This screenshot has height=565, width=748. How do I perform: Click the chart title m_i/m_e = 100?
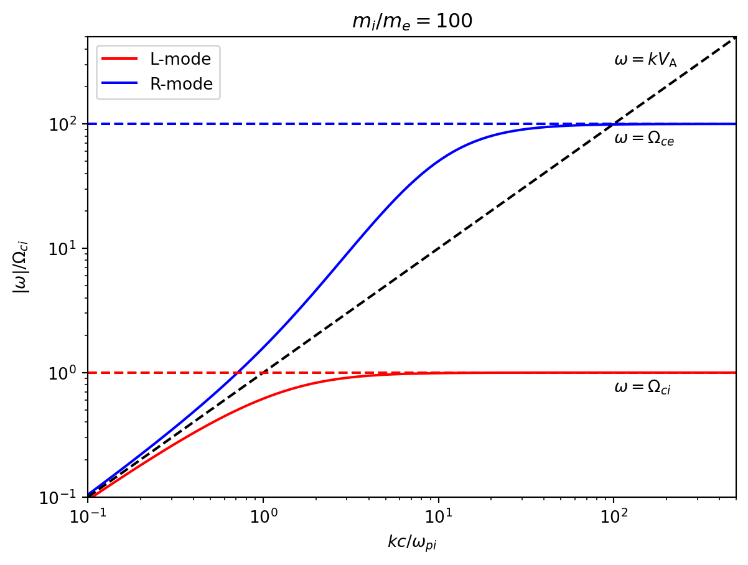coord(411,21)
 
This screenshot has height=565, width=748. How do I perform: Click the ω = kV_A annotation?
coord(645,60)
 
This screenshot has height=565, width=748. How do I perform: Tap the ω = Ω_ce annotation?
coord(644,139)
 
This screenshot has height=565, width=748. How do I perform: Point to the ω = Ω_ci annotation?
coord(642,388)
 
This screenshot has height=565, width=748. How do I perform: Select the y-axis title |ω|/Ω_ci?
coord(24,267)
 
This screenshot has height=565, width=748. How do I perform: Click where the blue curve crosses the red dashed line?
coord(237,373)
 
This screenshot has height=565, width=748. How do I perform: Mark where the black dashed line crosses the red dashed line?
coord(263,373)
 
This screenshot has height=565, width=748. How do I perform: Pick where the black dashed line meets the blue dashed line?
coord(614,124)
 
